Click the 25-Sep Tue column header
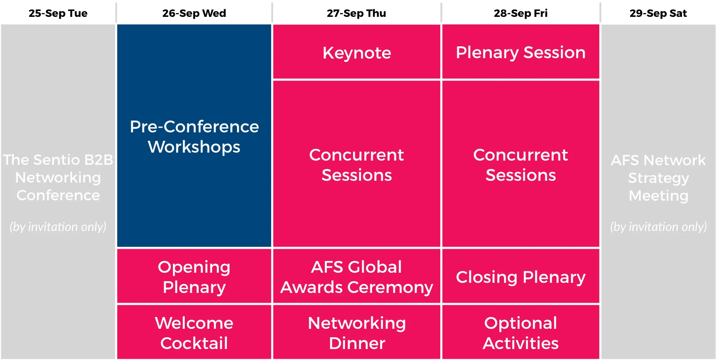[58, 13]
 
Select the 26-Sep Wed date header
[194, 13]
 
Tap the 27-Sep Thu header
[356, 13]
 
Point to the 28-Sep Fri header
[520, 13]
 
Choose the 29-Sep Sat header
[658, 13]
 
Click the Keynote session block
[356, 51]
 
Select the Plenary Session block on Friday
[521, 51]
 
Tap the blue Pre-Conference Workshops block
[194, 136]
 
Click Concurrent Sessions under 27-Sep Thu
[356, 164]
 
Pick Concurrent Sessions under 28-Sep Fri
[521, 164]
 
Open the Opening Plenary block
[194, 276]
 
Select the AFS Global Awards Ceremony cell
[356, 276]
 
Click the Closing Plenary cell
[521, 276]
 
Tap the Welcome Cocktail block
[194, 332]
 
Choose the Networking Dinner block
[356, 332]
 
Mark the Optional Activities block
[521, 332]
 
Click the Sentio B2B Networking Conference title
[58, 177]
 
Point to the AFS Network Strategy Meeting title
[658, 177]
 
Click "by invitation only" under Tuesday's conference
[58, 226]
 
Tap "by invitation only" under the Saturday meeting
[658, 226]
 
